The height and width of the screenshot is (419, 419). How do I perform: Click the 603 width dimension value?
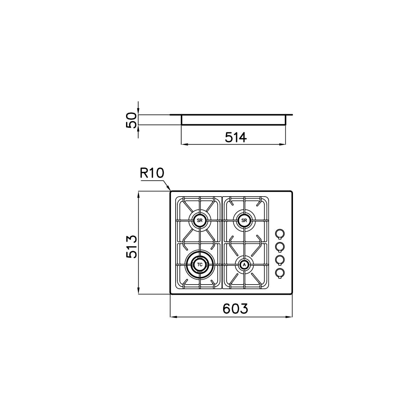(x=235, y=308)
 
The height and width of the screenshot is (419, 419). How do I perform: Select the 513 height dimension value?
(x=132, y=247)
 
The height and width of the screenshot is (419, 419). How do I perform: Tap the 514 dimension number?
(x=236, y=138)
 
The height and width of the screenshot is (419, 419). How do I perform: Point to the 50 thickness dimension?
(x=131, y=120)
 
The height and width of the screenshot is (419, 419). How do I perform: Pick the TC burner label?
(x=200, y=265)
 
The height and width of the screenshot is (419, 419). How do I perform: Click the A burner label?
(x=244, y=265)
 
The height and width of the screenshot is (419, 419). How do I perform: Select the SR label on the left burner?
(x=200, y=220)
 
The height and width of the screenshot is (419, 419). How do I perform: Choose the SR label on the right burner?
(x=244, y=220)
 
